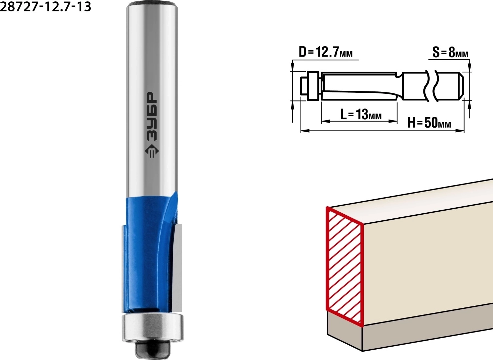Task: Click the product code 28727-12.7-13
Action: (x=45, y=7)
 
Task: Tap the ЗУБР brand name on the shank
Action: (x=152, y=116)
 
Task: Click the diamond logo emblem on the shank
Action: (x=152, y=151)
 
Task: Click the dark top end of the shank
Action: (x=152, y=4)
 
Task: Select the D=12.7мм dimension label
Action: (x=326, y=52)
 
